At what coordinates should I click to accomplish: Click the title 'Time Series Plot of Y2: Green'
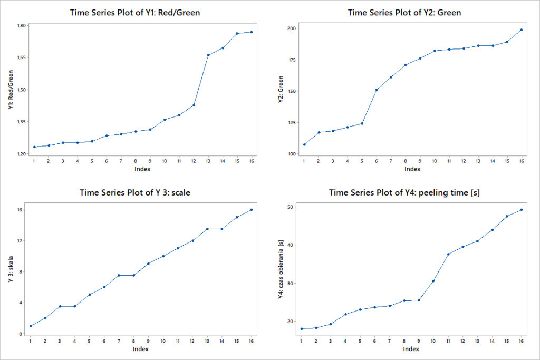[x=404, y=13]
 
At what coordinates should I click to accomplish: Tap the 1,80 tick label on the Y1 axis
[x=21, y=25]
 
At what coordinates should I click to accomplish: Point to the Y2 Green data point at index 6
[x=376, y=90]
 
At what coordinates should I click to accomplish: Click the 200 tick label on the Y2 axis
[x=291, y=28]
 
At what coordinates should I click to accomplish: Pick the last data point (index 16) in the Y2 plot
[x=521, y=30]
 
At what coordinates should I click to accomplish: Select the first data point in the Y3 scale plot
[x=31, y=326]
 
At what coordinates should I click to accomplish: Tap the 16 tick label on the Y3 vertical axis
[x=20, y=210]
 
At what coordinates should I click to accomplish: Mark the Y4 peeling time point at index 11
[x=448, y=254]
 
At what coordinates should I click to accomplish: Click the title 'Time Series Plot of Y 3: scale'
[x=135, y=192]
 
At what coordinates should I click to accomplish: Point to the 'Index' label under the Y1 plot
[x=141, y=169]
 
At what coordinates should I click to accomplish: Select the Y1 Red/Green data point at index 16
[x=251, y=32]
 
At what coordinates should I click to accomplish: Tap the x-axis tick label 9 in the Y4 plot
[x=419, y=340]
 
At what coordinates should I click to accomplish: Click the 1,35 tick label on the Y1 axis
[x=21, y=122]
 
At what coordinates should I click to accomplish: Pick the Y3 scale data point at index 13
[x=207, y=229]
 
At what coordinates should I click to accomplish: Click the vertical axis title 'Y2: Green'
[x=281, y=90]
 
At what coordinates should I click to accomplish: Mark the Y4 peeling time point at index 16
[x=521, y=210]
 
